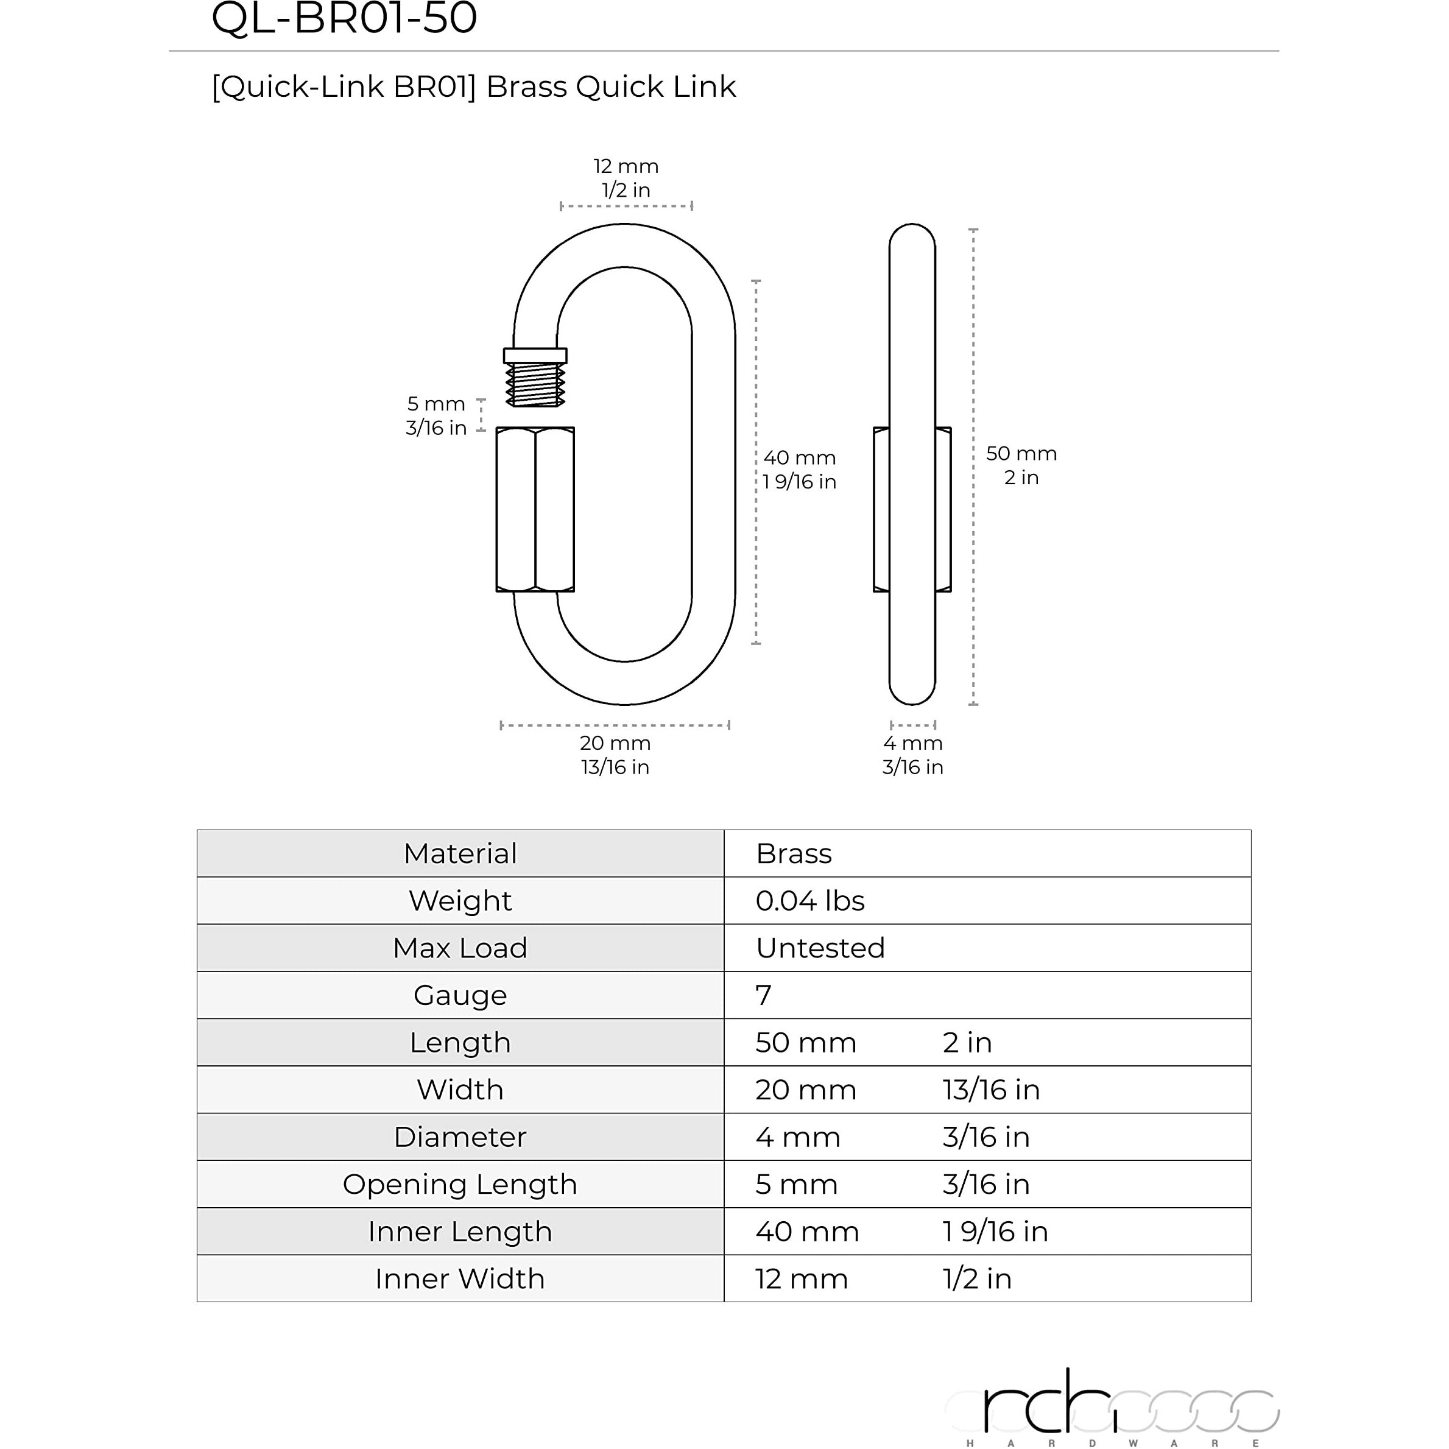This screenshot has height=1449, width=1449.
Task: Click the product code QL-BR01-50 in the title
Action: (344, 18)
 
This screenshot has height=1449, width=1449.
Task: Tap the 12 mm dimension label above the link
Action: (626, 166)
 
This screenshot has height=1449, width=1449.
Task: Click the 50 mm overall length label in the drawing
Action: (1021, 454)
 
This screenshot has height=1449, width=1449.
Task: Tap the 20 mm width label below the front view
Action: (615, 743)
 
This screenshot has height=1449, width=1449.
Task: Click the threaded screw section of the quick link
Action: (535, 384)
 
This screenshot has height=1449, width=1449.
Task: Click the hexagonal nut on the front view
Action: (535, 509)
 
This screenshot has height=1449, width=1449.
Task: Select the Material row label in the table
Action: (460, 853)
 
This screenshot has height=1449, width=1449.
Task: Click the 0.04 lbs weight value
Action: (810, 901)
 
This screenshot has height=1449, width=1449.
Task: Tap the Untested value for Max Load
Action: (820, 948)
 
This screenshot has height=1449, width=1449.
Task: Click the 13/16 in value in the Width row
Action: (991, 1090)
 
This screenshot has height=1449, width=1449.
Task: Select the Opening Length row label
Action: (460, 1184)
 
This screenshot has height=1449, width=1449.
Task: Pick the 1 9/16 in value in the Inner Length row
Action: (995, 1232)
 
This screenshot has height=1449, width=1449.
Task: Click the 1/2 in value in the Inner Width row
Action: (976, 1278)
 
